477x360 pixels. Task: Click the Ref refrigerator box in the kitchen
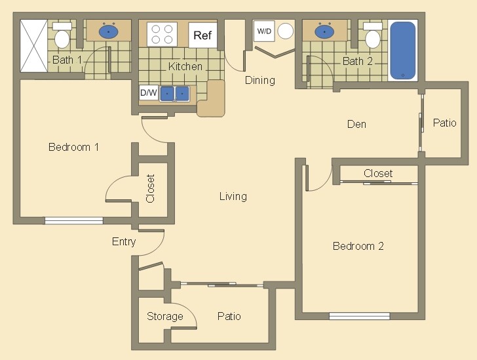click(202, 35)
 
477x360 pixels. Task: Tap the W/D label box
click(263, 31)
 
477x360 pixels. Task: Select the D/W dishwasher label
click(149, 93)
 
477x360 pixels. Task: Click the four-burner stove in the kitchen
click(162, 34)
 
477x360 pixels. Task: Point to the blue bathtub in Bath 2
click(402, 50)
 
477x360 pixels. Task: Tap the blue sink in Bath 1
click(108, 31)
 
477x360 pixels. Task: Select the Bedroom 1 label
click(73, 147)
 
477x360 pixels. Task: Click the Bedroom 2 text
click(358, 246)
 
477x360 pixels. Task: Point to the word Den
click(356, 124)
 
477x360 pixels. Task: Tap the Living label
click(233, 196)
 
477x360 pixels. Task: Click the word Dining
click(259, 80)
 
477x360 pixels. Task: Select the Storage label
click(164, 317)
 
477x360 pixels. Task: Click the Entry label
click(124, 242)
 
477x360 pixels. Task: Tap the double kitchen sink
click(175, 93)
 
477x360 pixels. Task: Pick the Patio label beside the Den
click(444, 123)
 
